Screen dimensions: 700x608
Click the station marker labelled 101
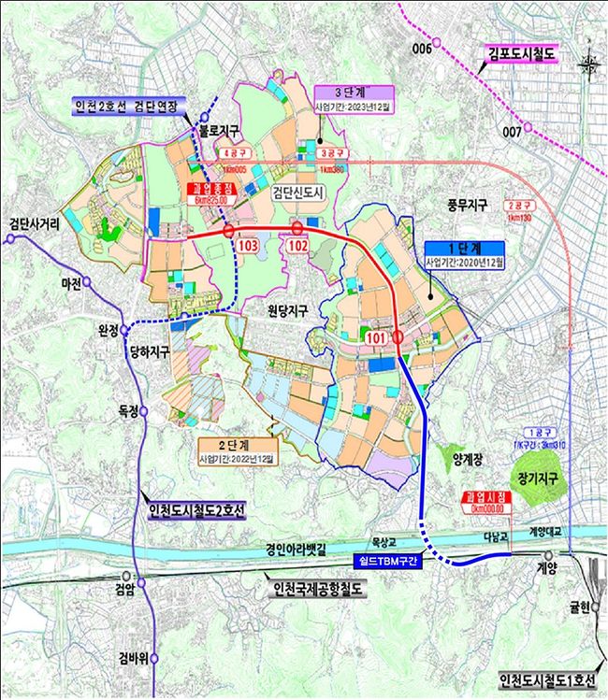(x=398, y=337)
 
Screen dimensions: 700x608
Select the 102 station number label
(x=297, y=245)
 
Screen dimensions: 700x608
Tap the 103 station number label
(x=248, y=245)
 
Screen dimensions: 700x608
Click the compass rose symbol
(x=588, y=64)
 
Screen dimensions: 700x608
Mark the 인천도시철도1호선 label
(x=546, y=679)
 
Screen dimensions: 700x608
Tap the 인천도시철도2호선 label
(x=196, y=510)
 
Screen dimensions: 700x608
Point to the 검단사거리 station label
(x=36, y=223)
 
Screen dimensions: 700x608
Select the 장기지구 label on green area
(x=532, y=478)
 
